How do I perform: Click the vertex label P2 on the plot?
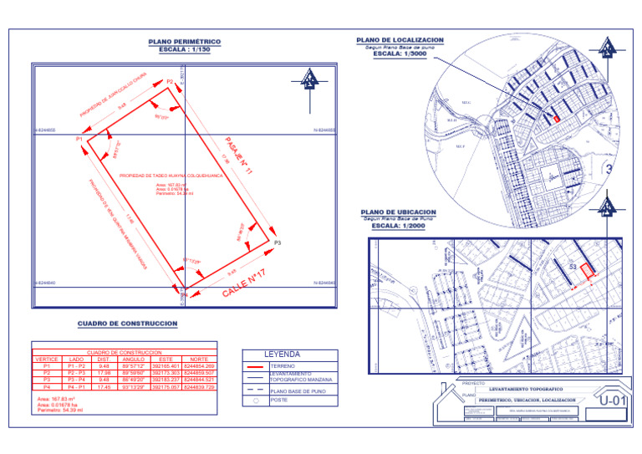point(170,81)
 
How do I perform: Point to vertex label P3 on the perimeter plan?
point(278,242)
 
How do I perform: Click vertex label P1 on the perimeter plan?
point(79,138)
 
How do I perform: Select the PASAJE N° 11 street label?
point(239,156)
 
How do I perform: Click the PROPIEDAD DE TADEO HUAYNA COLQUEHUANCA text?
point(171,176)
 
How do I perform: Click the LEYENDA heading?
point(282,355)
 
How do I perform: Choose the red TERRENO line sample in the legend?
point(255,366)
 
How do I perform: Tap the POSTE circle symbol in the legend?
point(255,400)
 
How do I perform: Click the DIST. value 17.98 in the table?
point(104,373)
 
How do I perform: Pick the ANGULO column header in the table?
point(134,360)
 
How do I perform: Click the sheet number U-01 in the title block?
point(613,401)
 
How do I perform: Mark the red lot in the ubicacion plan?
point(588,270)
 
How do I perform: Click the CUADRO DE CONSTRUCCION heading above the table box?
point(127,324)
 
